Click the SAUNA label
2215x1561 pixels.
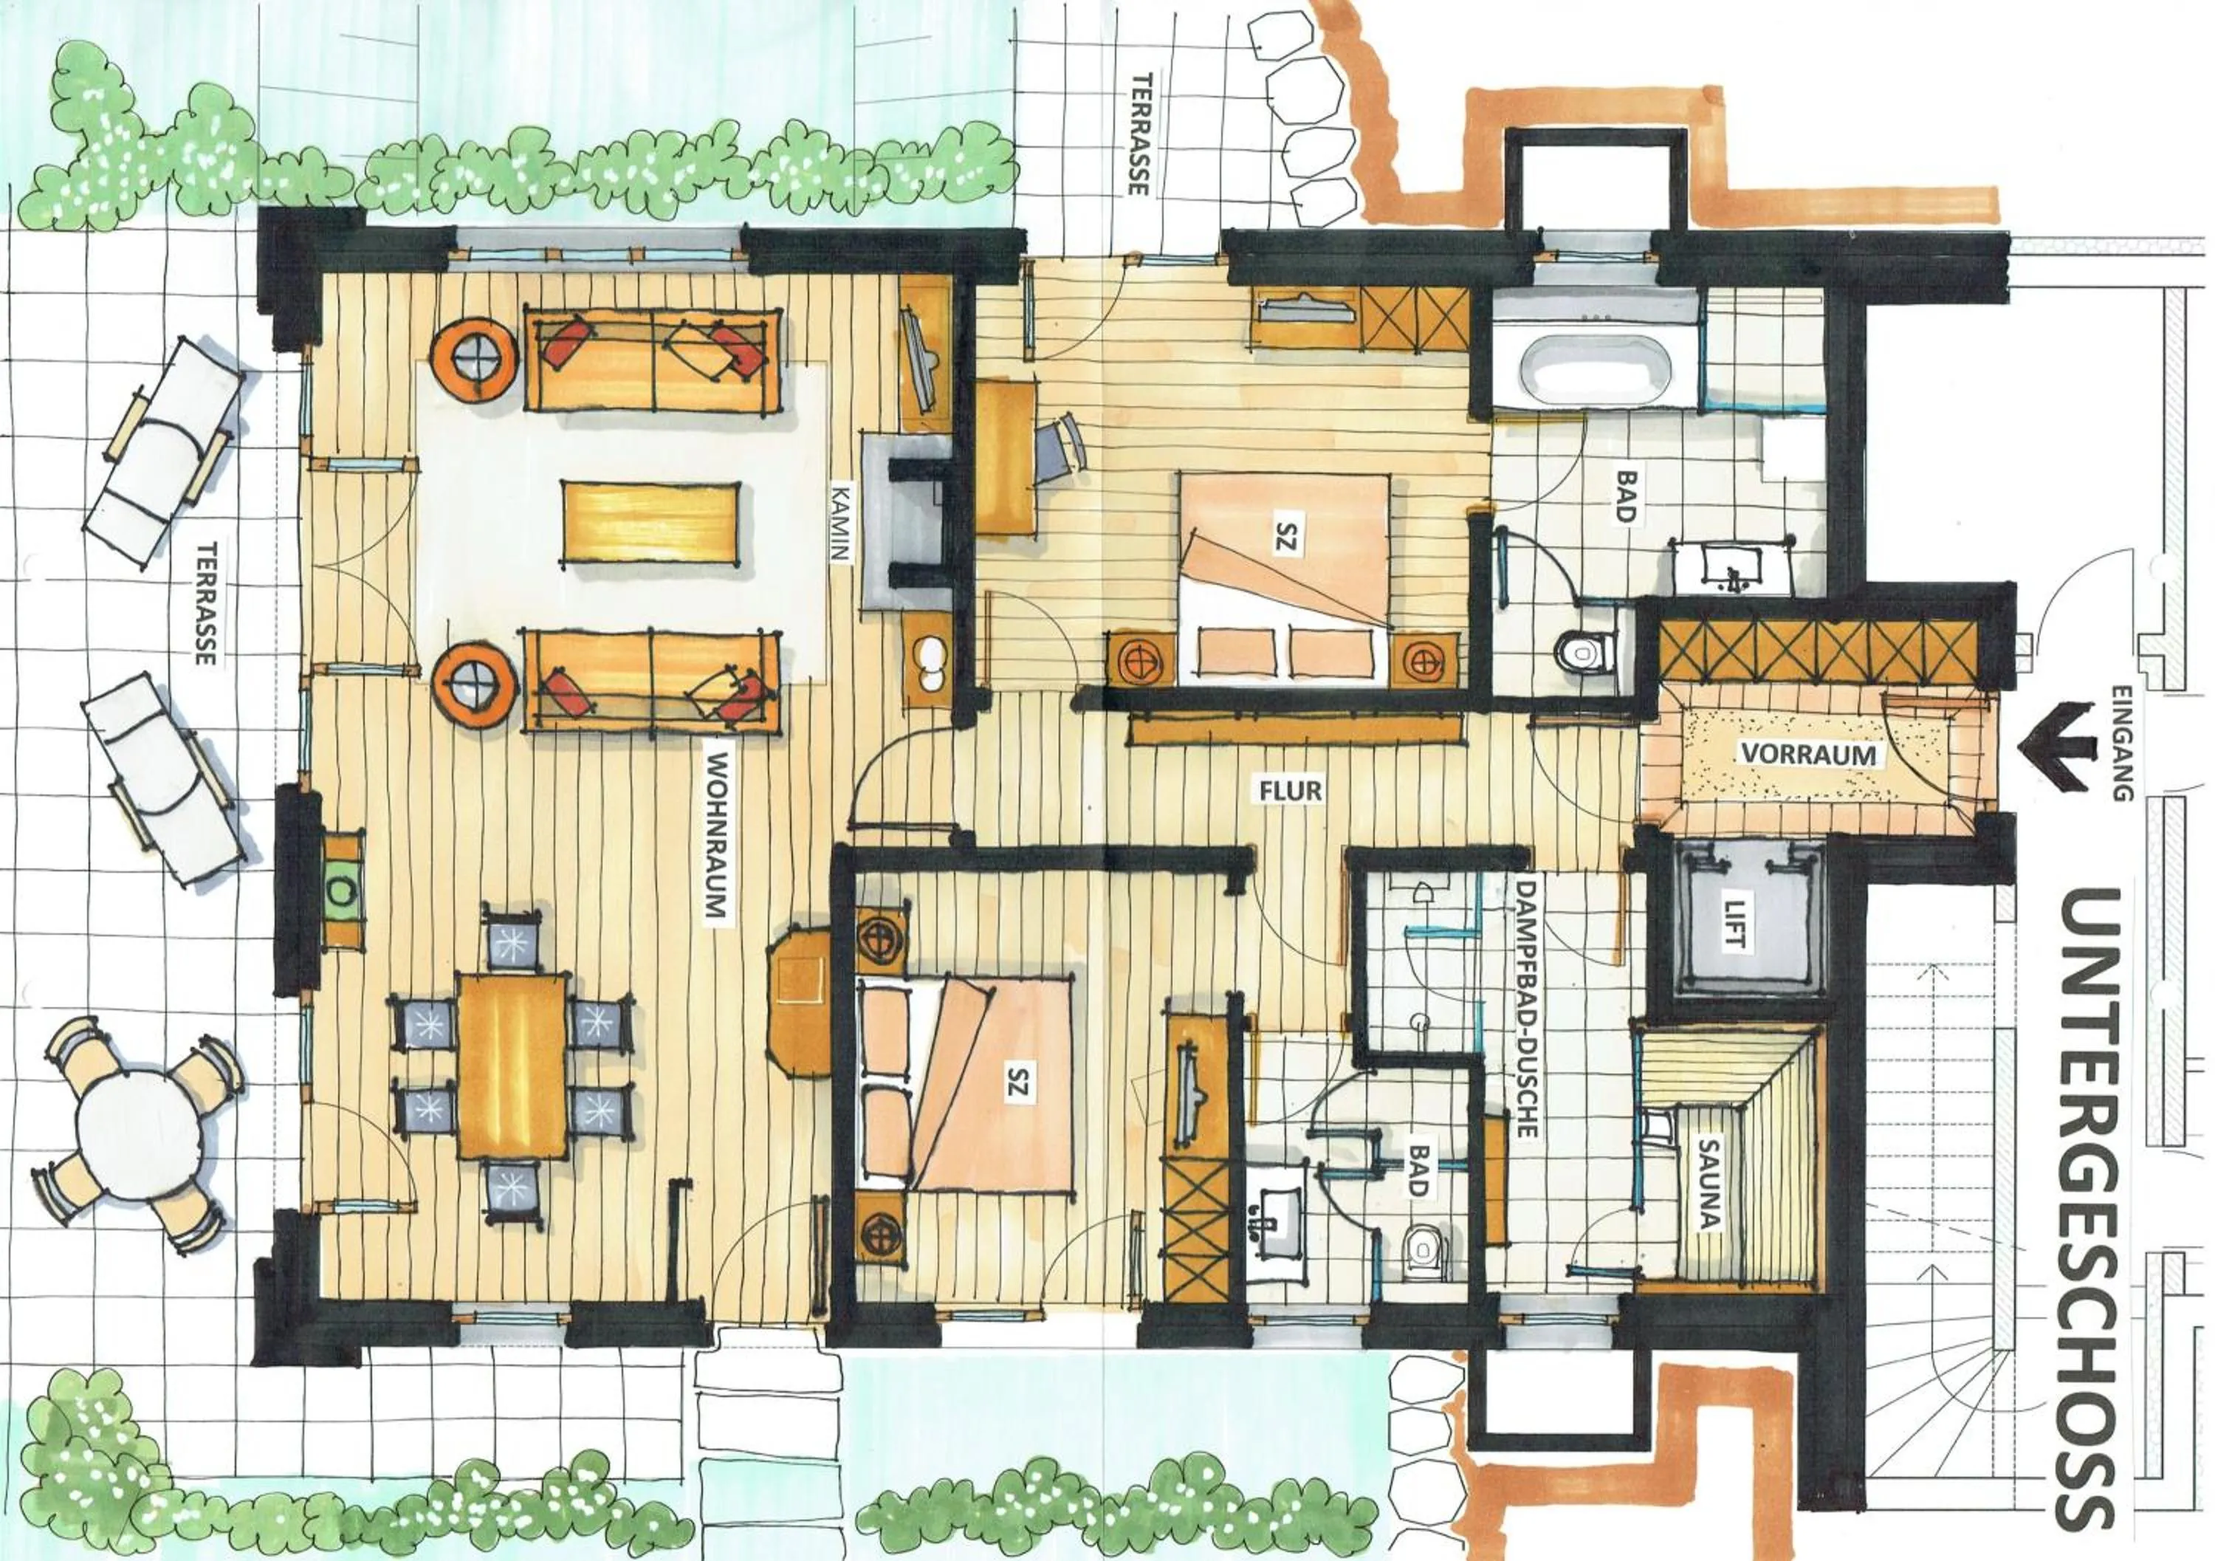[1709, 1186]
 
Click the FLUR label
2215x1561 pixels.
[1289, 791]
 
